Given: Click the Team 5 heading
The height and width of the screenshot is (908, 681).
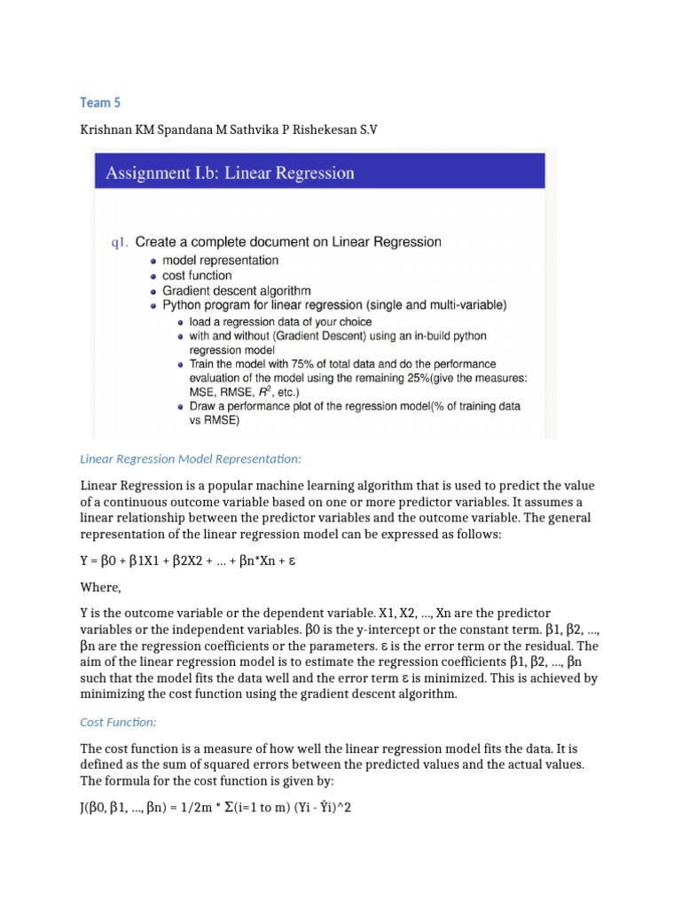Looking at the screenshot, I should [x=100, y=103].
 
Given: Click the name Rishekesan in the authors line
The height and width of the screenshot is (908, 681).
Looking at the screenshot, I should [x=301, y=129].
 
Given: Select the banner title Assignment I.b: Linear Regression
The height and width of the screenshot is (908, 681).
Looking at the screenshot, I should [x=230, y=173].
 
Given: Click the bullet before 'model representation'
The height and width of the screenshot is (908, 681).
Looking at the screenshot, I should [x=153, y=261].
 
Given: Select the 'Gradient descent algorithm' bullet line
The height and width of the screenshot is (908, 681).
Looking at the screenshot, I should [x=236, y=291].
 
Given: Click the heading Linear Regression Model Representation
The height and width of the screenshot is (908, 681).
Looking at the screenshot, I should [x=191, y=459].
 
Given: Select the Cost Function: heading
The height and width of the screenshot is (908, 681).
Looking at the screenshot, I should [x=118, y=724].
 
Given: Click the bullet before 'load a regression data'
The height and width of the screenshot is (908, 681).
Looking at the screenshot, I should [x=180, y=322].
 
